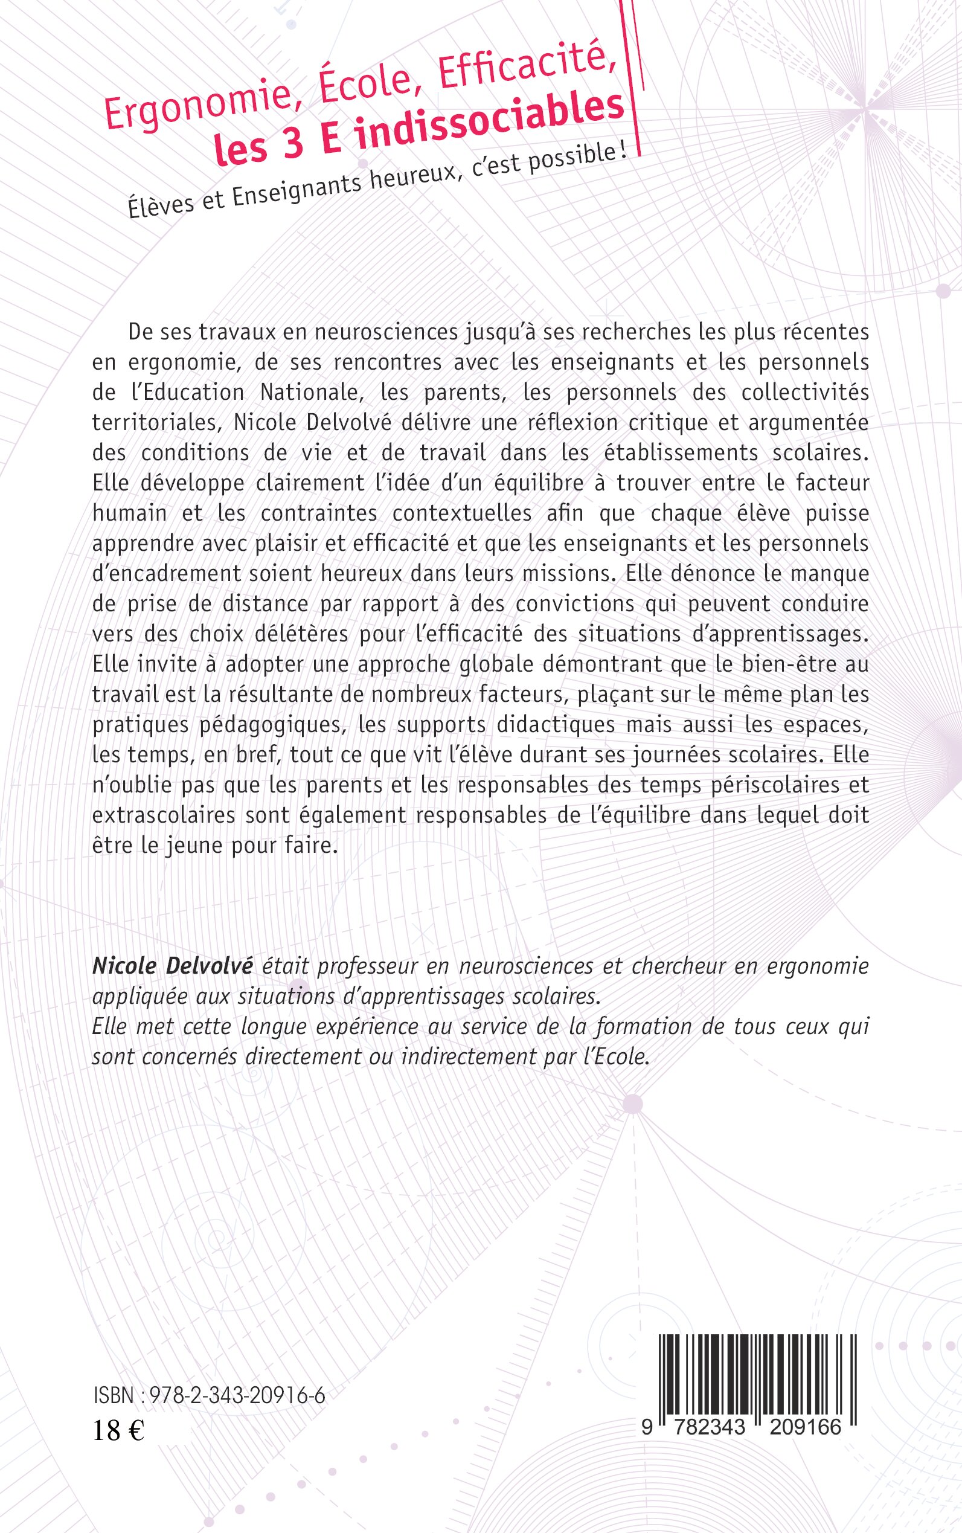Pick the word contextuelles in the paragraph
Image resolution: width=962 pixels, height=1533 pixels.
click(462, 513)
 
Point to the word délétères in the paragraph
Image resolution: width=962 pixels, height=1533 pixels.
click(300, 634)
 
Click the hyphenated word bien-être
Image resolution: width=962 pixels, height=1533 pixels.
click(786, 664)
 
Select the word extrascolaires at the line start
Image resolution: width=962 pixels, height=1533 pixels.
click(164, 815)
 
